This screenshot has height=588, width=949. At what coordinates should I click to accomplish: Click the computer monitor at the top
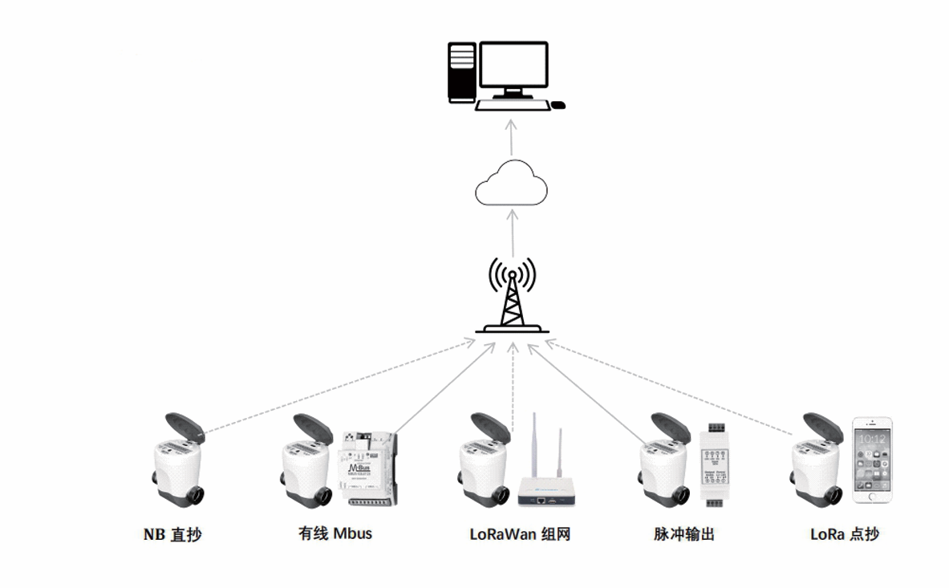click(514, 67)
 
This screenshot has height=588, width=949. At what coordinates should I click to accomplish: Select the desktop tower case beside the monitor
click(461, 72)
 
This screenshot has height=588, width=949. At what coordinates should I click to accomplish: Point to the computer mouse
click(558, 104)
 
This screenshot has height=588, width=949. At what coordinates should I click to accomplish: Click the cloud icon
click(511, 184)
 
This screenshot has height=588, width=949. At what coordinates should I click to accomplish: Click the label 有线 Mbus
click(335, 533)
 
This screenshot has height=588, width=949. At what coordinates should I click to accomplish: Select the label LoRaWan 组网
click(520, 534)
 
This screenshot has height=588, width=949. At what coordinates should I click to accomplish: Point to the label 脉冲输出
click(683, 534)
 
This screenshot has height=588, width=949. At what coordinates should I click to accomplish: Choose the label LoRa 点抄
click(844, 534)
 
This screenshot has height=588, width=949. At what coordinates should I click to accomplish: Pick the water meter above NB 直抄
click(178, 461)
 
